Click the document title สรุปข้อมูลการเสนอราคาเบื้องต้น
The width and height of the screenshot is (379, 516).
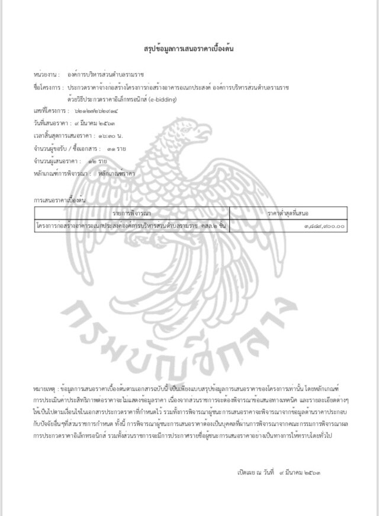coord(189,48)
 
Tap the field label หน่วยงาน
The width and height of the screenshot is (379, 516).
coord(45,75)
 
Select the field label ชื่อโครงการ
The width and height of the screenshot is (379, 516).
coord(47,88)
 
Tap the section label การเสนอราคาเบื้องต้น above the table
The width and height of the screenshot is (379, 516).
coord(59,200)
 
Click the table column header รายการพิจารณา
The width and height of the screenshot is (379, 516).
coord(132,212)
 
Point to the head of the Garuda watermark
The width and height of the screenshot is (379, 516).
coord(195,130)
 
